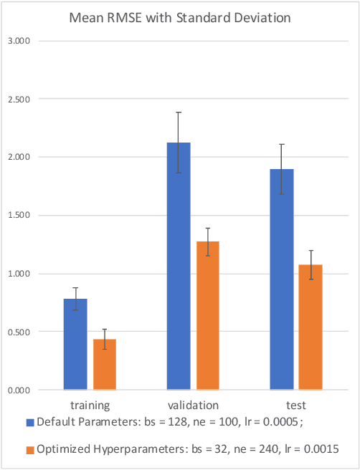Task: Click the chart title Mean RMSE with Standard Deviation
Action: (x=179, y=18)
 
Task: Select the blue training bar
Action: (x=75, y=345)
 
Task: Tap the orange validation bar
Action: (x=208, y=316)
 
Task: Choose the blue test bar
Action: (x=282, y=279)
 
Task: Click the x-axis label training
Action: (x=90, y=405)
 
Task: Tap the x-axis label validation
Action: (x=193, y=405)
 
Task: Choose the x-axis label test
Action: (x=296, y=405)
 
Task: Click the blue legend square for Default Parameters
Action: (x=30, y=422)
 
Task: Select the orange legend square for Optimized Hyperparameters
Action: (x=30, y=449)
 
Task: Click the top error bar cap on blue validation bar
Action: (x=179, y=112)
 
